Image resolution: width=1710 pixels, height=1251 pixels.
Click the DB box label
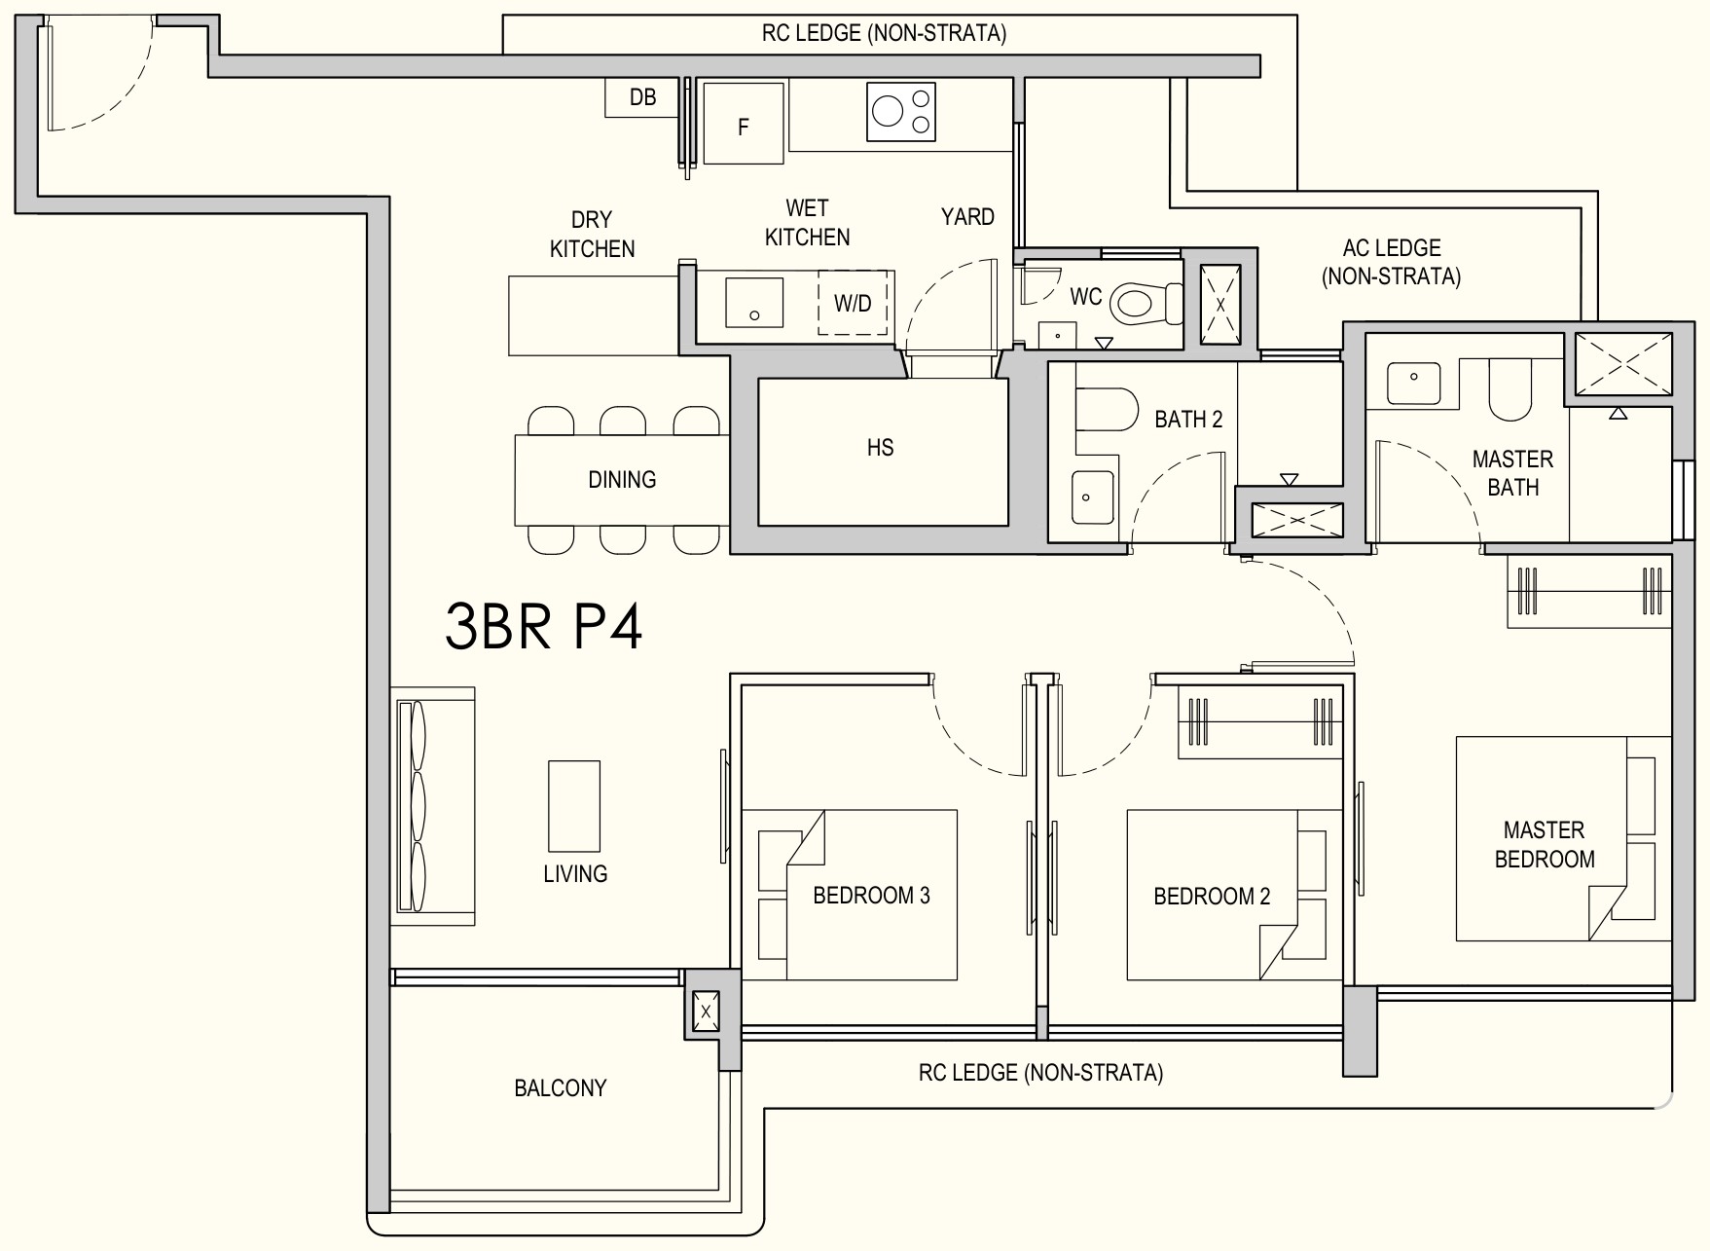(642, 97)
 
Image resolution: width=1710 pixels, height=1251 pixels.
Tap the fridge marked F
(744, 123)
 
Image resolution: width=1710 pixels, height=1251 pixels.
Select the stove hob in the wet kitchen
(901, 111)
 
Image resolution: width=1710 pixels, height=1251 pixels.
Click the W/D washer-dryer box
(853, 303)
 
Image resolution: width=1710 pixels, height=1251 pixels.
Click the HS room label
(880, 448)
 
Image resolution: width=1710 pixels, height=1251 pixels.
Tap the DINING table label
(622, 479)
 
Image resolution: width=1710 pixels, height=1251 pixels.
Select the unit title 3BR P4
(544, 625)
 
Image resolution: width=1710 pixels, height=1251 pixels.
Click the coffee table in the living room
(574, 806)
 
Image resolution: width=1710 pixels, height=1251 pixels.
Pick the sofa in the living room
(433, 807)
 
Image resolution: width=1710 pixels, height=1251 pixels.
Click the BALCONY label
(561, 1087)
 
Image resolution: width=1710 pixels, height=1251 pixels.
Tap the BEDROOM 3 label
(871, 895)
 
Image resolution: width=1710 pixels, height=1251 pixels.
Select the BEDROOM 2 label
(1212, 896)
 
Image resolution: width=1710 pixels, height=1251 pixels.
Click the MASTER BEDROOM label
(1545, 844)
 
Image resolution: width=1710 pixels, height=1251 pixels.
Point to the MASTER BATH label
(1512, 473)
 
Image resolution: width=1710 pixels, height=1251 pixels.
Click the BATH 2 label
(1188, 420)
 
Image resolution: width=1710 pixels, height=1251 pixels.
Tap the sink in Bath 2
(1092, 497)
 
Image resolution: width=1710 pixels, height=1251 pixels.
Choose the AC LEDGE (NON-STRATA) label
(1391, 262)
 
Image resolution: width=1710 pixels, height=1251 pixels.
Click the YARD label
(967, 216)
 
